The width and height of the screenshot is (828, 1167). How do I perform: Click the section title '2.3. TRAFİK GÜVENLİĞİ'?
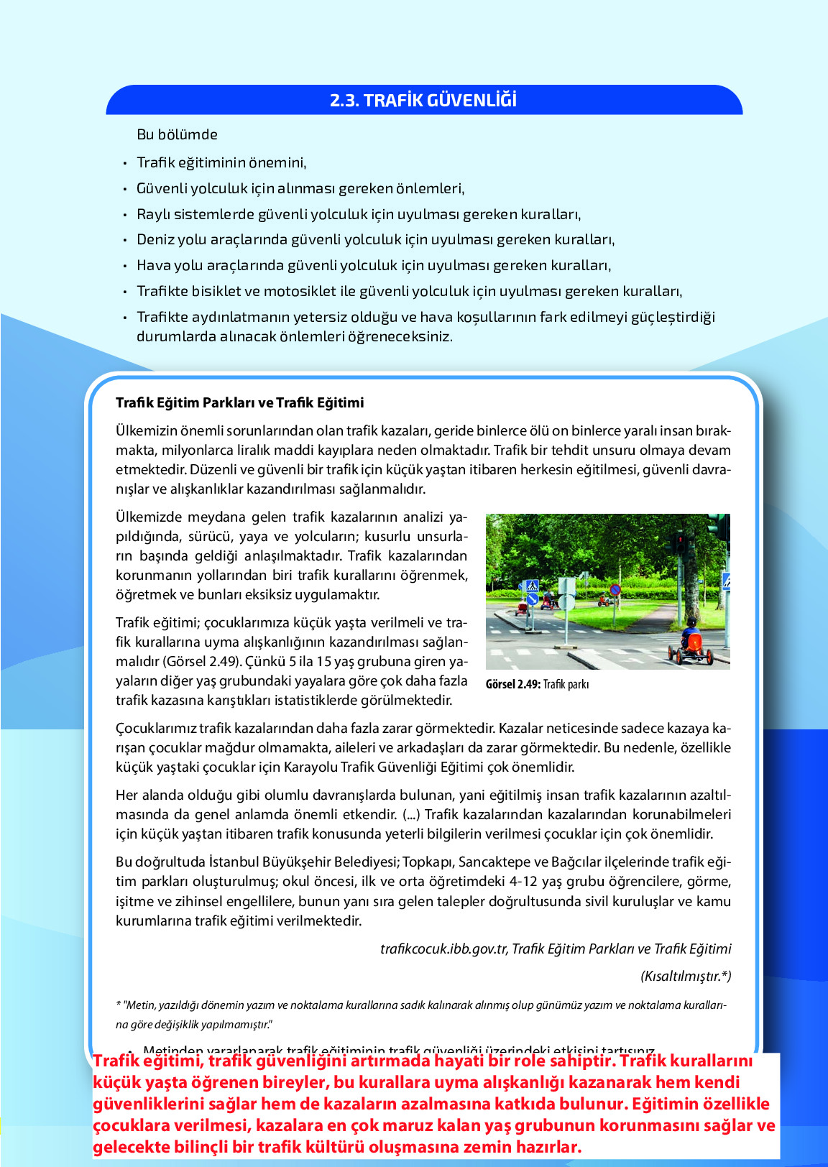pos(423,100)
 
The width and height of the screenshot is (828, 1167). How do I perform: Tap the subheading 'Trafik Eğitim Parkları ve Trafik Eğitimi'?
pos(239,402)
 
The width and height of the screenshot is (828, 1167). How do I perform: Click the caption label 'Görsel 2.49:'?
pos(512,684)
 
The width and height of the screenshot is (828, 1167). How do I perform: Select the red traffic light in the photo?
pos(679,540)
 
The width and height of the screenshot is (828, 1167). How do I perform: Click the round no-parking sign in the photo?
pos(615,589)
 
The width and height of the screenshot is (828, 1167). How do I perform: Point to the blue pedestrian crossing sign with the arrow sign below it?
pos(531,591)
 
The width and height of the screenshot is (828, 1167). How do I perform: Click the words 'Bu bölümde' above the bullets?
pos(177,134)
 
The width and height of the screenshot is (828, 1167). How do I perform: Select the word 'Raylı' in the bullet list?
pos(153,214)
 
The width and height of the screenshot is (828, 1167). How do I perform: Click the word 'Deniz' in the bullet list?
pos(155,239)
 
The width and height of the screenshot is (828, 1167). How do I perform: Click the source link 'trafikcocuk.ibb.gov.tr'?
pos(443,949)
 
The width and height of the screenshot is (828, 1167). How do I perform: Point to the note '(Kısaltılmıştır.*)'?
pos(686,976)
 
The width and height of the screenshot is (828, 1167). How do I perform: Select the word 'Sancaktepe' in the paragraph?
pos(492,862)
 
